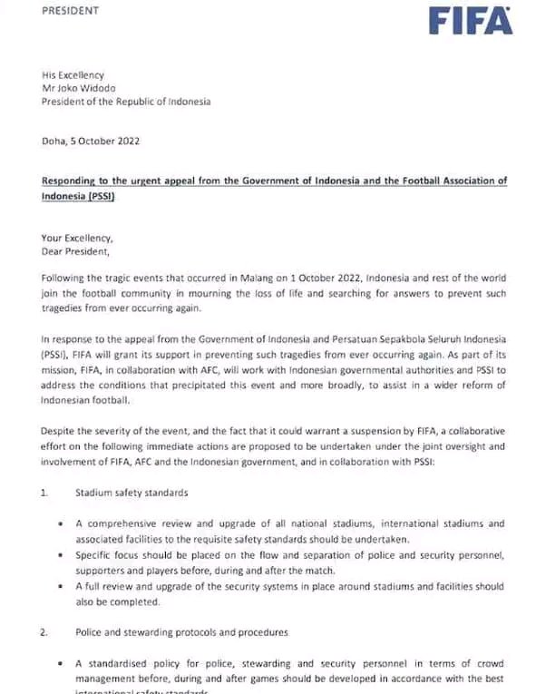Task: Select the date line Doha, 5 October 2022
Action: (x=91, y=141)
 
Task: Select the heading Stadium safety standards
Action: (x=133, y=493)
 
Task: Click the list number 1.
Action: (x=44, y=493)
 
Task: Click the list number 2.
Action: (x=44, y=631)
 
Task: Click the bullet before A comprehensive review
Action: (x=60, y=523)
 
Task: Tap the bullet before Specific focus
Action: (x=60, y=554)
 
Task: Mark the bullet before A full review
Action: (x=60, y=586)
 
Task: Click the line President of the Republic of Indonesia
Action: (x=126, y=102)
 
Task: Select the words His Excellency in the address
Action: (x=73, y=74)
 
